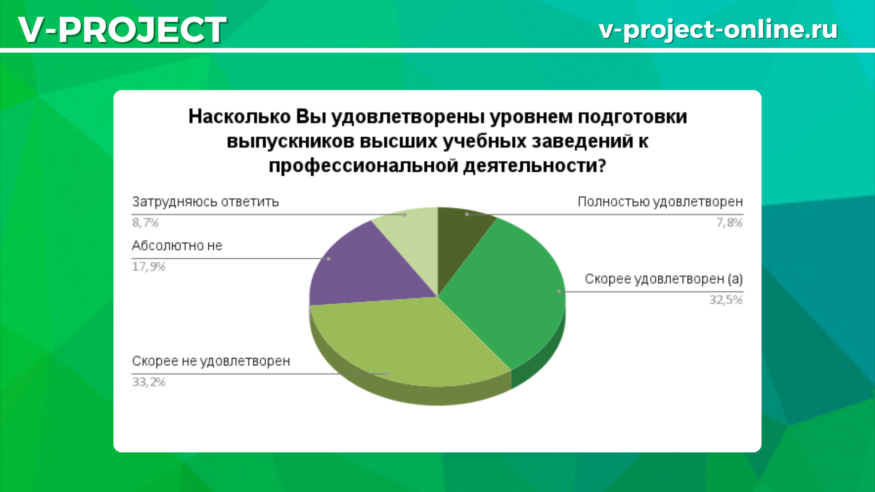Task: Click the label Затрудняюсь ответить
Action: [x=206, y=202]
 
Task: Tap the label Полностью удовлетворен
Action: [x=660, y=202]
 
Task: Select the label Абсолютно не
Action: [x=177, y=246]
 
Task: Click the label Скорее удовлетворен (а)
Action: [x=664, y=279]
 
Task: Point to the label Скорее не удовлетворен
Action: [x=211, y=361]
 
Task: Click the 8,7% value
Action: [x=145, y=223]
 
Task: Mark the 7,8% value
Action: [x=730, y=223]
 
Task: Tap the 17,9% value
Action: [x=149, y=266]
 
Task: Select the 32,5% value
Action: [x=726, y=300]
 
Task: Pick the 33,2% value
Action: [x=149, y=382]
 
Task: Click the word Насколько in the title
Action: [x=240, y=117]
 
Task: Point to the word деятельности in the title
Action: [x=535, y=166]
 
